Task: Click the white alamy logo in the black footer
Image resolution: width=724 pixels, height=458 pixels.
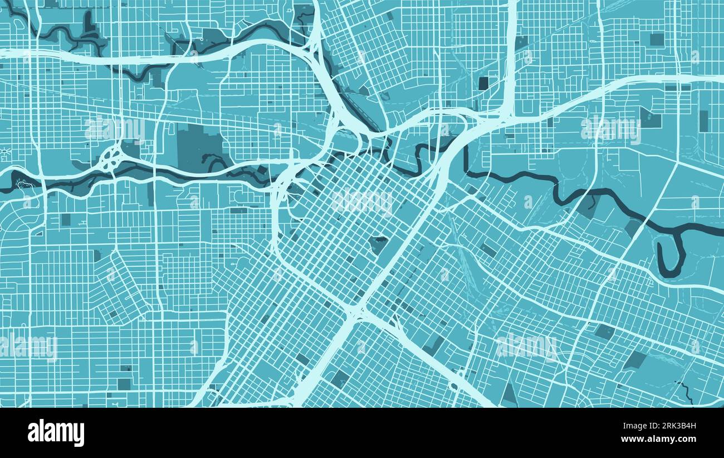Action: (x=56, y=433)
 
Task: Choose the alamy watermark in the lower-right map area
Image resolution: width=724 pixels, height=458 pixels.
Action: (x=526, y=346)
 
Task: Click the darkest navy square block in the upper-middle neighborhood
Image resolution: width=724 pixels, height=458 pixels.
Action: (x=483, y=83)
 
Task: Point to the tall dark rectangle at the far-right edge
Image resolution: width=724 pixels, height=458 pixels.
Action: (x=703, y=121)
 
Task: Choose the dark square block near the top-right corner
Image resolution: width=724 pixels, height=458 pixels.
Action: (x=657, y=39)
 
